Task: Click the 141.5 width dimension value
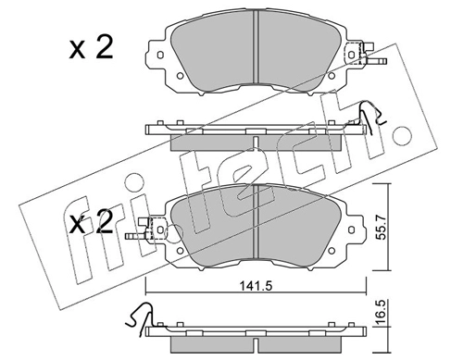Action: pos(257,287)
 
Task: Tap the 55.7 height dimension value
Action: pos(382,228)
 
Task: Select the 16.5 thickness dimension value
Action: pos(382,311)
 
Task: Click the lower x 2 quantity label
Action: pos(91,223)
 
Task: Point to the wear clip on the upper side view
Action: pos(372,118)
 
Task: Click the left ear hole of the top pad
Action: pos(159,55)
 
